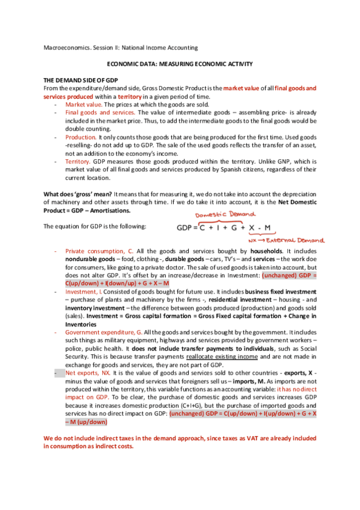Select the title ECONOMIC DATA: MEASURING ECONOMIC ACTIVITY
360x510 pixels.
179,64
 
